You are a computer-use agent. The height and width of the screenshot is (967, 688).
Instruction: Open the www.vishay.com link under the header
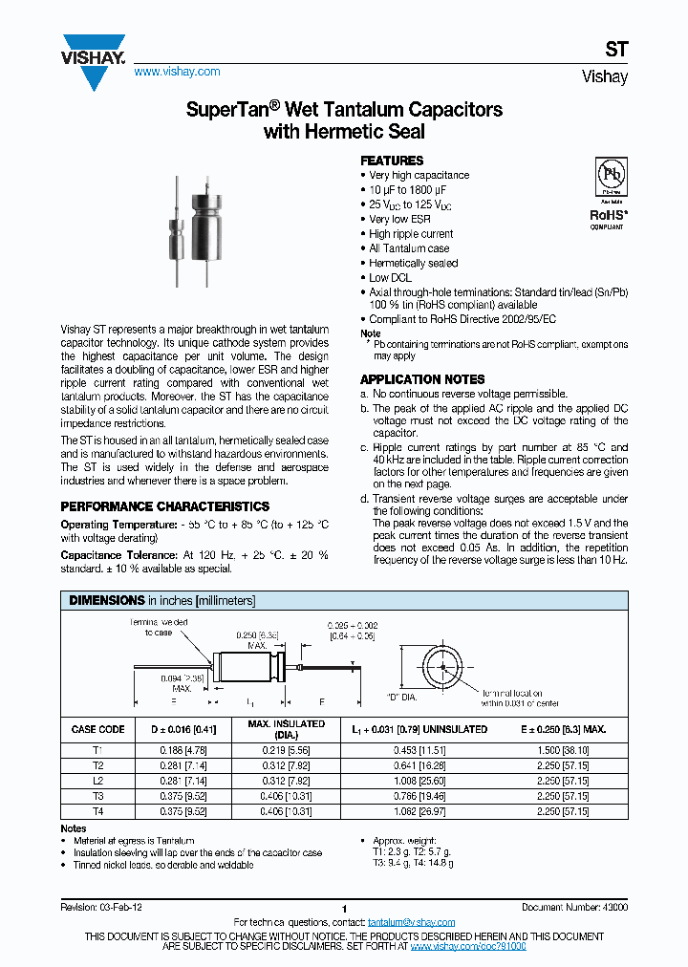tap(177, 72)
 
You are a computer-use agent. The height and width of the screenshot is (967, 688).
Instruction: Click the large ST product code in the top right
tap(616, 52)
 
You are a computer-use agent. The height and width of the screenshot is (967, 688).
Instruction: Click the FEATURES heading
tap(391, 161)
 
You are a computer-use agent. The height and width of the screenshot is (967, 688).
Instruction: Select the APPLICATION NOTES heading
tap(421, 379)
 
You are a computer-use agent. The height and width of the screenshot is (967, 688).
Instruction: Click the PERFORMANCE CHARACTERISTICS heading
tap(164, 506)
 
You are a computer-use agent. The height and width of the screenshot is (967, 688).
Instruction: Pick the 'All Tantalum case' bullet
tap(409, 248)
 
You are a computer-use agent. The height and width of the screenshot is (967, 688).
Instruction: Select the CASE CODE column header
tap(97, 730)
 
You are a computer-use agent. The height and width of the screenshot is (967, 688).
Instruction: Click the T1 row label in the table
tap(97, 751)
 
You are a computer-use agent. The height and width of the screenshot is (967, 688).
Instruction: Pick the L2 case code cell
tap(97, 780)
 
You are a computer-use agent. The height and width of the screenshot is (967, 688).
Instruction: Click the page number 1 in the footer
tap(343, 909)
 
